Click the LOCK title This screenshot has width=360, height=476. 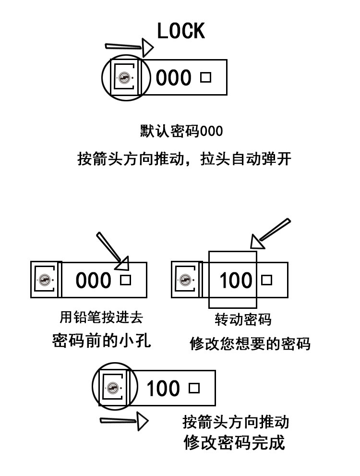pyautogui.click(x=181, y=31)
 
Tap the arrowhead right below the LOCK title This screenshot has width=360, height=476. pyautogui.click(x=147, y=47)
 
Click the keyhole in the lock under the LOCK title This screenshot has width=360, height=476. pyautogui.click(x=125, y=78)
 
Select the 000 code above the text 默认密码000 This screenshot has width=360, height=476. pyautogui.click(x=173, y=78)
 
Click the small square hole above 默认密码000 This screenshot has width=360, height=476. pyautogui.click(x=205, y=77)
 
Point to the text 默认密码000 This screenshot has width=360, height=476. pyautogui.click(x=181, y=131)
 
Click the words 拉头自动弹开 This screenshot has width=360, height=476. pyautogui.click(x=246, y=159)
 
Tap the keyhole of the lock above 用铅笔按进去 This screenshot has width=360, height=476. pyautogui.click(x=45, y=280)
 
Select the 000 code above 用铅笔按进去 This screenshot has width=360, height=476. pyautogui.click(x=93, y=281)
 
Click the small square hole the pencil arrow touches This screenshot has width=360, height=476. pyautogui.click(x=125, y=280)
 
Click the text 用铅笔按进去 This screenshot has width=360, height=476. pyautogui.click(x=101, y=317)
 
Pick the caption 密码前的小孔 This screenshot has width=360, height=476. pyautogui.click(x=101, y=340)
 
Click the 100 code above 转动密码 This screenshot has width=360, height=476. pyautogui.click(x=235, y=281)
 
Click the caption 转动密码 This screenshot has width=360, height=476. pyautogui.click(x=243, y=319)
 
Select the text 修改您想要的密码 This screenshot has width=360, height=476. pyautogui.click(x=250, y=344)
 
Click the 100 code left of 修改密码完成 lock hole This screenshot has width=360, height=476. pyautogui.click(x=163, y=389)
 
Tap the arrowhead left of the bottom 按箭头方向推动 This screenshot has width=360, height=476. pyautogui.click(x=142, y=422)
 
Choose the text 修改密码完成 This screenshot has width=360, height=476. pyautogui.click(x=234, y=442)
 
